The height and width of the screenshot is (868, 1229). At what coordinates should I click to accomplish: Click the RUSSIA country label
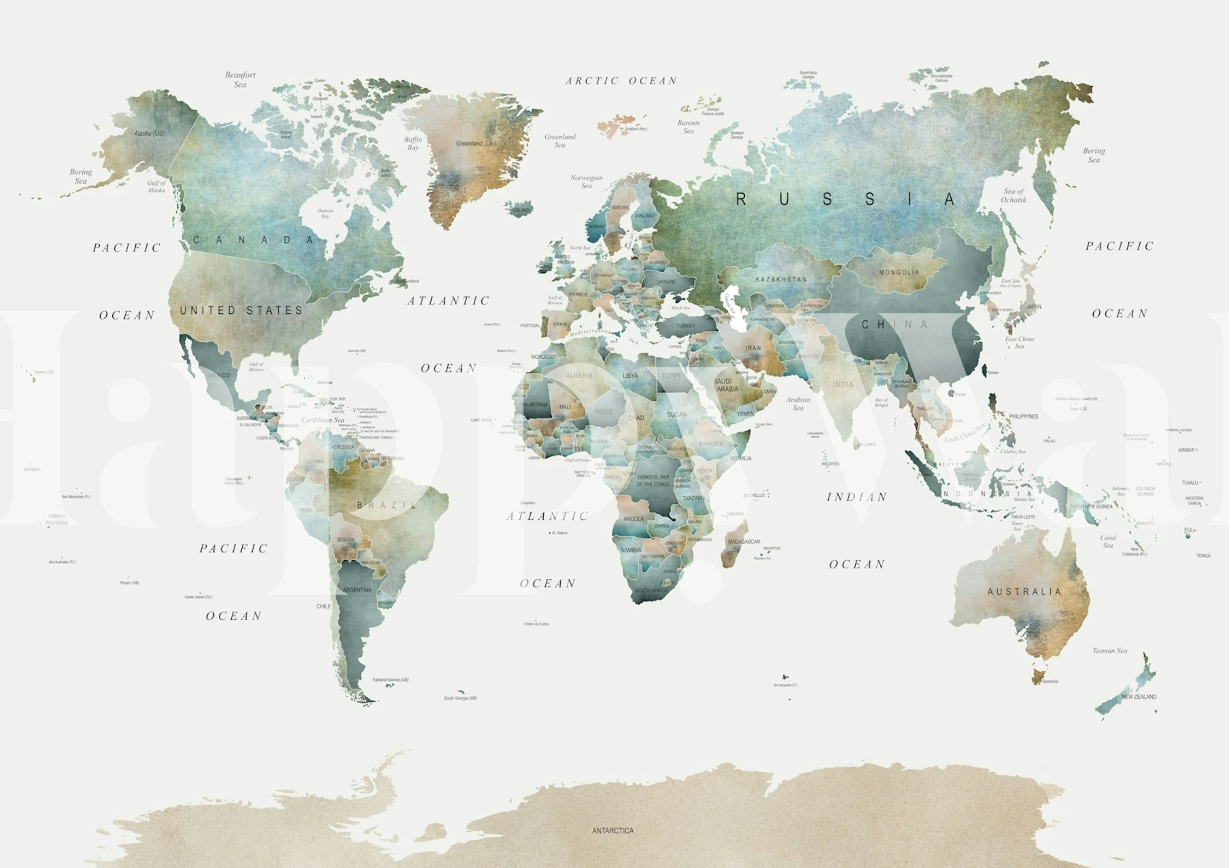tap(846, 199)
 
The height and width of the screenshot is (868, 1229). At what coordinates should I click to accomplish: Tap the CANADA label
tap(254, 240)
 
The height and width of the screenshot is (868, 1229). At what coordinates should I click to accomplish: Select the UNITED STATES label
tap(241, 311)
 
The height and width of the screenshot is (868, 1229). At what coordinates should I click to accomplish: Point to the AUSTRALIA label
tap(1024, 592)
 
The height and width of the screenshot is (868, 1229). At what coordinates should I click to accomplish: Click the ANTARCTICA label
tap(612, 831)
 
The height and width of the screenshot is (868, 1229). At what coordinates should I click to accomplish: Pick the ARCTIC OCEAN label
tap(621, 81)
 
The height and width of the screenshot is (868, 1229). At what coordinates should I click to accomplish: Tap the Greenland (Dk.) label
tap(476, 143)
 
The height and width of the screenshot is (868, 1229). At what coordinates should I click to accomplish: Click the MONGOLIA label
tap(899, 273)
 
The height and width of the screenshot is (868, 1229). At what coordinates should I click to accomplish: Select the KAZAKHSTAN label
tap(781, 279)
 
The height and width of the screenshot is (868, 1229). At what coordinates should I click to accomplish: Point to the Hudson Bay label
tap(325, 213)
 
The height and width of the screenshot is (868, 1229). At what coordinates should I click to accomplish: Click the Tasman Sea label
tap(1109, 651)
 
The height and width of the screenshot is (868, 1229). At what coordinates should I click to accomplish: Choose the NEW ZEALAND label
tap(1139, 697)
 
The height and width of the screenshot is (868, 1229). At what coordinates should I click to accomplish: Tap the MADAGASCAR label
tap(744, 542)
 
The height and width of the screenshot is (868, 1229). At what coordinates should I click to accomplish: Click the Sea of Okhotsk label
tap(1013, 196)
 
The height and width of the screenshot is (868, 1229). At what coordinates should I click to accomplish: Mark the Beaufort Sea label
tap(240, 80)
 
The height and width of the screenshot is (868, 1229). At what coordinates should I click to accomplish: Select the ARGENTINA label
tap(357, 590)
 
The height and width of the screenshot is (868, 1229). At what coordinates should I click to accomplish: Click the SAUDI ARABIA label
tap(727, 385)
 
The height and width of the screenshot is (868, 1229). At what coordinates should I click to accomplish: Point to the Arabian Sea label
tap(798, 404)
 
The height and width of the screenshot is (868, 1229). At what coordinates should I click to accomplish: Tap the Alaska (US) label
tap(150, 133)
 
